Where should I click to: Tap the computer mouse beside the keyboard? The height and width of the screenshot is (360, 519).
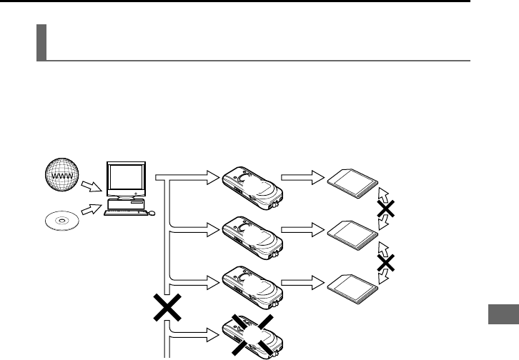[152, 213]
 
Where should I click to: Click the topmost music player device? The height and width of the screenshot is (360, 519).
[251, 187]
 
